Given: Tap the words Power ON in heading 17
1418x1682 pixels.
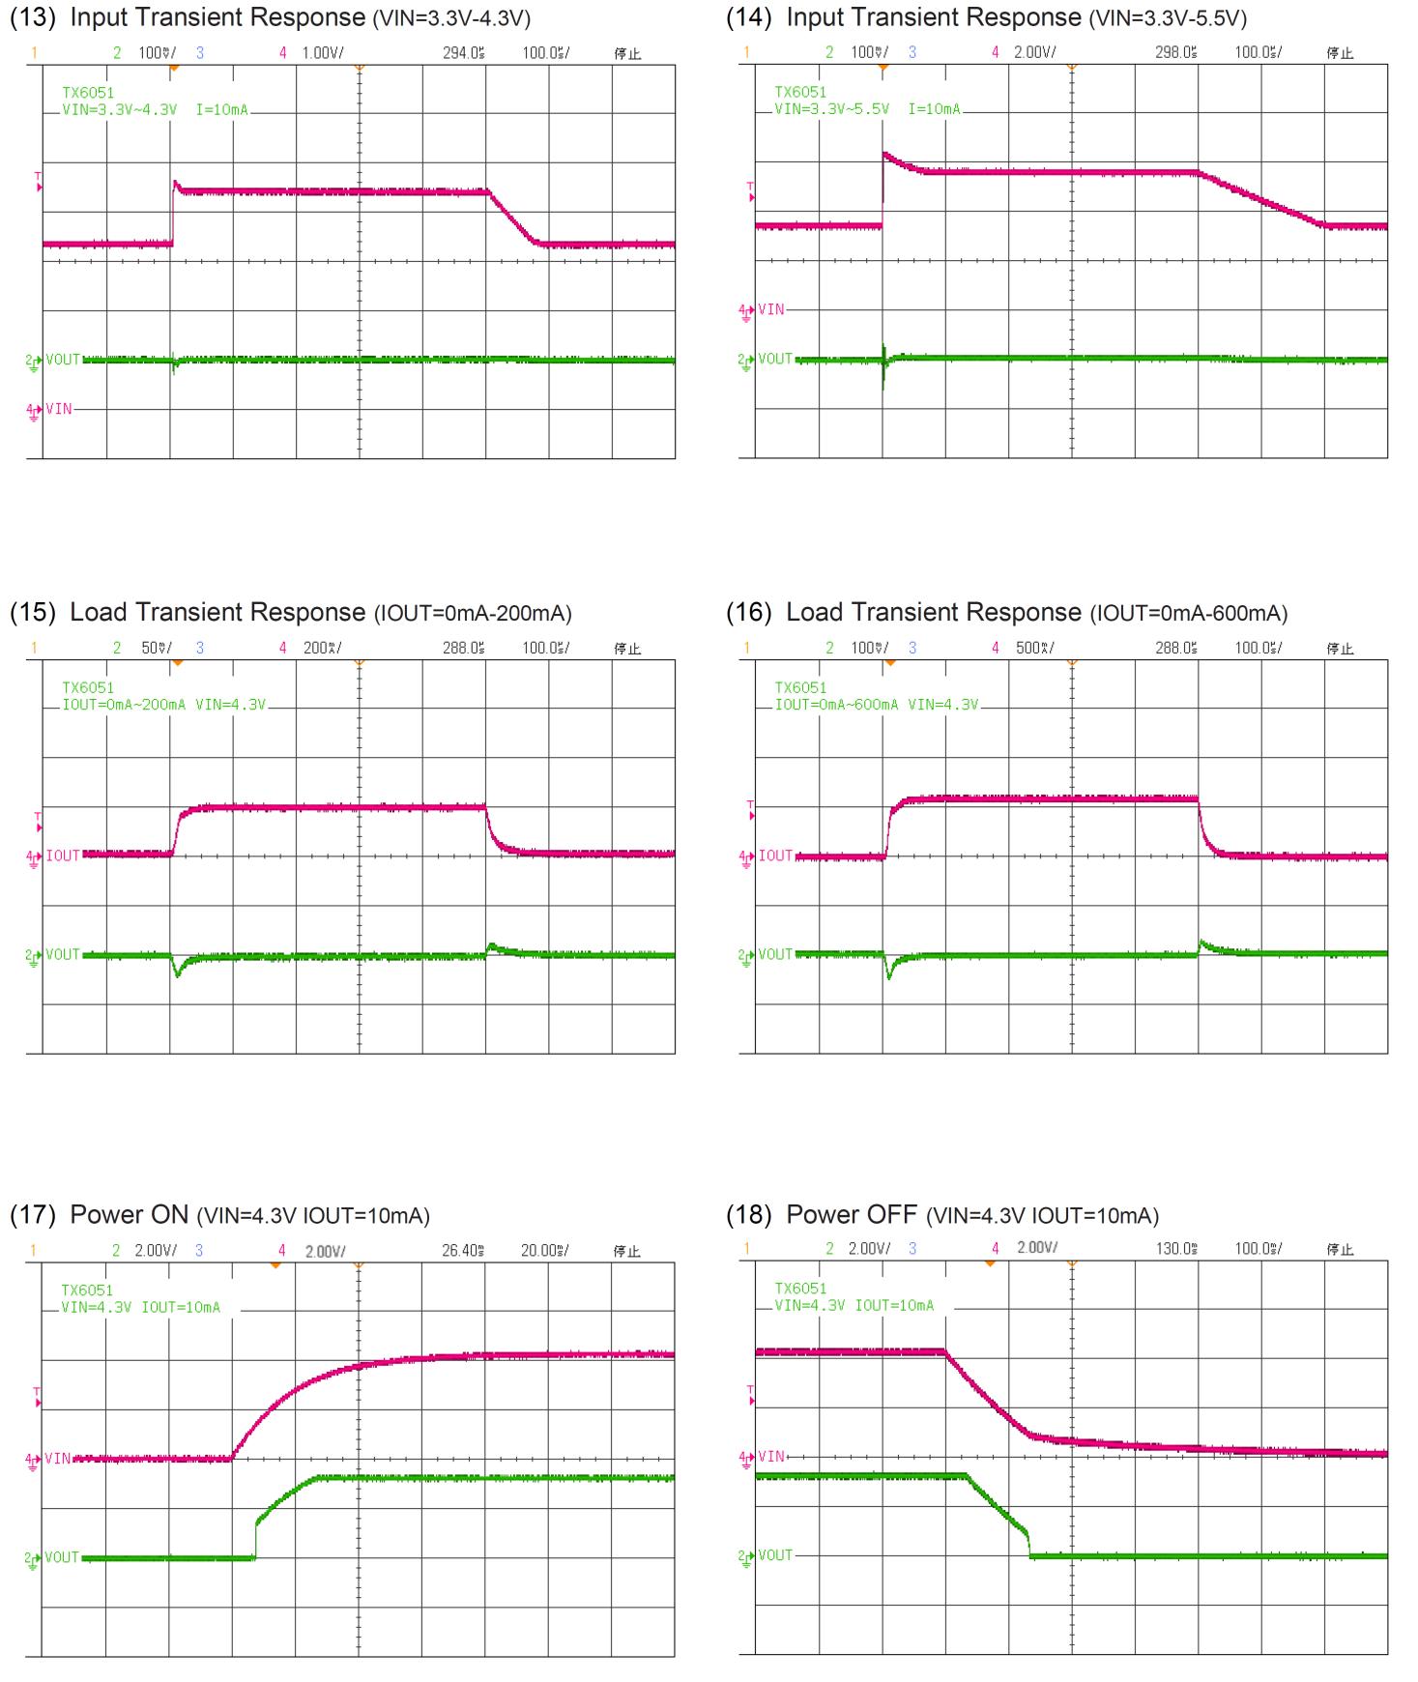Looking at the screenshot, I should pyautogui.click(x=129, y=1215).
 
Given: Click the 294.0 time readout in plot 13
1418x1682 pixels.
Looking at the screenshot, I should pyautogui.click(x=463, y=53).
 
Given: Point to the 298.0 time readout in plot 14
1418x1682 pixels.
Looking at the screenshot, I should pyautogui.click(x=1175, y=53).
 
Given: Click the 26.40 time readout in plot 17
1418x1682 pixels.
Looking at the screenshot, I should pyautogui.click(x=463, y=1251).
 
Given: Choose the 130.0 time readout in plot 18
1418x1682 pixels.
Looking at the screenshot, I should pyautogui.click(x=1175, y=1249).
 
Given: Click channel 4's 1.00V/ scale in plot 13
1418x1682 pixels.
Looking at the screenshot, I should pyautogui.click(x=322, y=53).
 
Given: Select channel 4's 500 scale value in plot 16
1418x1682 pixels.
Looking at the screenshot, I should pyautogui.click(x=1034, y=649).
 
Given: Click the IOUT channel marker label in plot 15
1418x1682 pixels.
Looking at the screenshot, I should pyautogui.click(x=62, y=855).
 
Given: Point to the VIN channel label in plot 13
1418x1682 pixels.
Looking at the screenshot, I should pyautogui.click(x=58, y=409).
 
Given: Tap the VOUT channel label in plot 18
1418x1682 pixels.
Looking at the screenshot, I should pyautogui.click(x=775, y=1555).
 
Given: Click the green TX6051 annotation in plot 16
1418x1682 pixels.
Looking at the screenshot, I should pyautogui.click(x=800, y=688).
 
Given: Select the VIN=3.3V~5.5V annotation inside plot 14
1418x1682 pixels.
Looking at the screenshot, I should pyautogui.click(x=831, y=109).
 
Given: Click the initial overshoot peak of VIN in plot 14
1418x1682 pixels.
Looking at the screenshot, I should pyautogui.click(x=884, y=154).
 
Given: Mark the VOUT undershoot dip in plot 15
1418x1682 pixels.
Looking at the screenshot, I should pyautogui.click(x=177, y=973).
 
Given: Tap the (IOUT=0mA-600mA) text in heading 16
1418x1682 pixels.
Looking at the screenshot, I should pyautogui.click(x=1188, y=614).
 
